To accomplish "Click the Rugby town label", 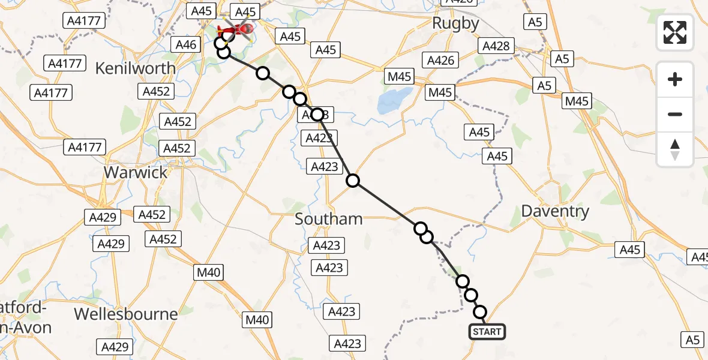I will click(457, 24).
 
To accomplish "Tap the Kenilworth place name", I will click(136, 68).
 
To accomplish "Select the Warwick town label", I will click(135, 172).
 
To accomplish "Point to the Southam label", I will click(329, 219).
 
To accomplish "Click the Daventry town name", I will click(555, 211).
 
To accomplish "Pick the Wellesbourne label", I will click(126, 314).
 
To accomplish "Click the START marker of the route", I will click(487, 332).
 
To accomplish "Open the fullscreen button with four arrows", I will click(675, 32).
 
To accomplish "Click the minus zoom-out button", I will click(675, 114).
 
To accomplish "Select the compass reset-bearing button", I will click(675, 149).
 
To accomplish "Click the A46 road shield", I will click(185, 44).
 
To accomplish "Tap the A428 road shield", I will click(496, 46).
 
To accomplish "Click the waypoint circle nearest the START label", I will click(481, 312).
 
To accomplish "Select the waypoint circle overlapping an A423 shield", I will click(317, 114).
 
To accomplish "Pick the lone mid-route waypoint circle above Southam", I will click(353, 180).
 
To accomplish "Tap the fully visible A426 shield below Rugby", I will click(441, 60).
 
